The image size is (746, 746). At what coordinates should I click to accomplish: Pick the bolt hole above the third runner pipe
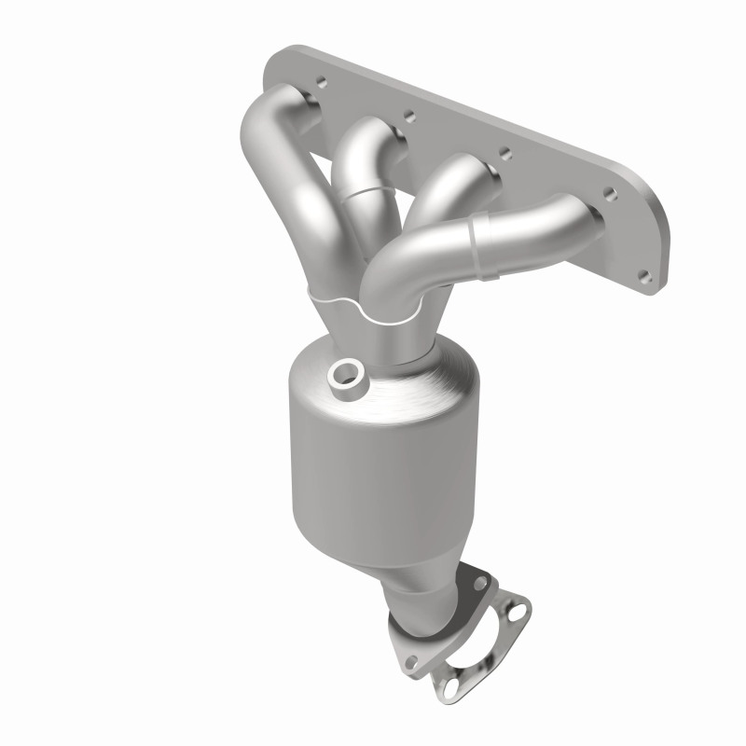(x=504, y=152)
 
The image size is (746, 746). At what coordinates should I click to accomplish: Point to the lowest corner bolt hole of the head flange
(x=642, y=275)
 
